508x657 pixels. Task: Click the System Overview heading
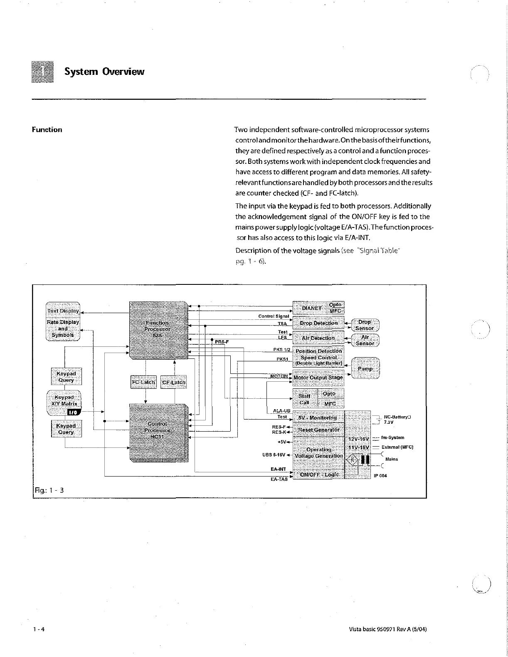104,72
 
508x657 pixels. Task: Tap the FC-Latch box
143,382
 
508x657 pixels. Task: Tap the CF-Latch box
173,382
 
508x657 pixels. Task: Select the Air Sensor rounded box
365,340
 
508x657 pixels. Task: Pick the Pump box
365,369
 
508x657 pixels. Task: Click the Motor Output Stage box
318,378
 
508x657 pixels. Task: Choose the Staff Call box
305,399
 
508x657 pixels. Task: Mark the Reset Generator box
318,430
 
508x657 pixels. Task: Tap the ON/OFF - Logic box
319,474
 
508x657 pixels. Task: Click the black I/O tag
73,412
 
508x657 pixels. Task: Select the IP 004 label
380,476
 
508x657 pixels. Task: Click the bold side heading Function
47,130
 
